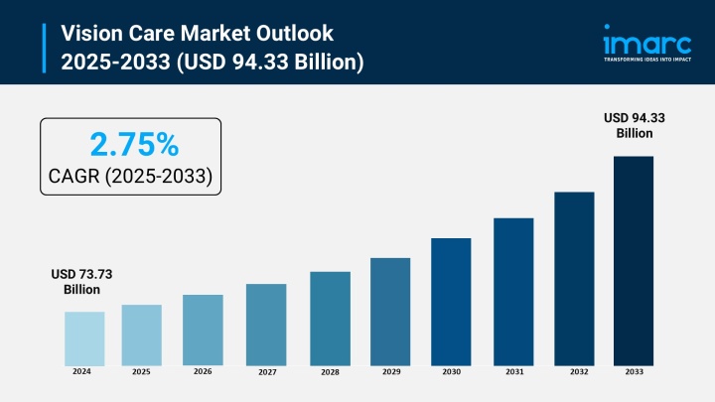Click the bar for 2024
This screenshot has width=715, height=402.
[84, 337]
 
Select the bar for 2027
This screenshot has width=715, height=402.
[266, 324]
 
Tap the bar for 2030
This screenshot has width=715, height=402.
[451, 301]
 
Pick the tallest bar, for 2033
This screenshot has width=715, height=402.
[634, 260]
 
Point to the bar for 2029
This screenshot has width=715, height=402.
[390, 311]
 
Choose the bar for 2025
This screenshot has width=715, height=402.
[141, 335]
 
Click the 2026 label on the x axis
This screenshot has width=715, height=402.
[203, 371]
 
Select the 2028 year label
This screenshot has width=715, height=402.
[330, 372]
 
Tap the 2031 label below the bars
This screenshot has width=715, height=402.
[513, 372]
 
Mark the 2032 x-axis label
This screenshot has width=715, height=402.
[578, 372]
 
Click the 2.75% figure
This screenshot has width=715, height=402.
[134, 145]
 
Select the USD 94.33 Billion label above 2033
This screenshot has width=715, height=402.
[635, 125]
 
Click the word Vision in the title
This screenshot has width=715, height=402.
[91, 32]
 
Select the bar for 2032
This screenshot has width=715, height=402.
[574, 278]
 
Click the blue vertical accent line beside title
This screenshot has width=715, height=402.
[45, 47]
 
